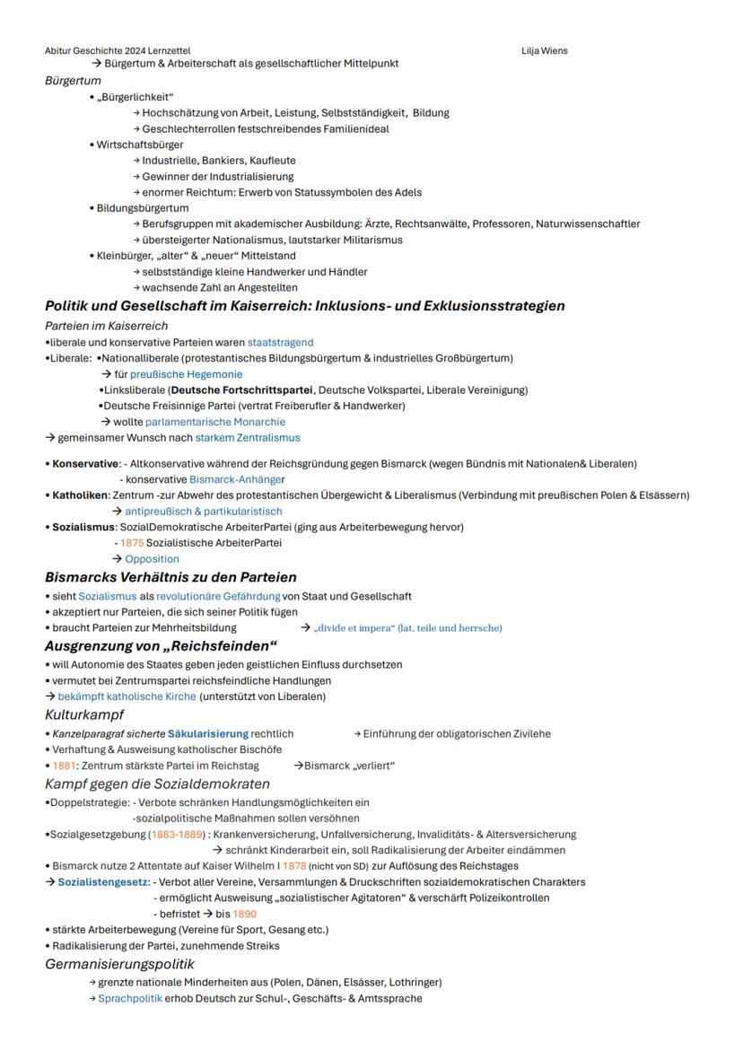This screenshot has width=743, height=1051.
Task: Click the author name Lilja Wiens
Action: [544, 51]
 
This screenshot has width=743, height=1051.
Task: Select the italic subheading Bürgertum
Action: [73, 81]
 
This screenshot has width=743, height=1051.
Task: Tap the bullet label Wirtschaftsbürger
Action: [140, 145]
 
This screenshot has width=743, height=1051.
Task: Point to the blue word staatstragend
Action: [280, 343]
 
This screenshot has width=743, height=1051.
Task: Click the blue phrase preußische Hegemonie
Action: [186, 374]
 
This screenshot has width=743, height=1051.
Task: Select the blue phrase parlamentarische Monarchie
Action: [215, 422]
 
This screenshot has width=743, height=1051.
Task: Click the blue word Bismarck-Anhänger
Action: [237, 479]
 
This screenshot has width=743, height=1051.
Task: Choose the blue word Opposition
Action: [152, 559]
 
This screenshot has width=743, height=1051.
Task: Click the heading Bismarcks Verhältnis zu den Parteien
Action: [170, 577]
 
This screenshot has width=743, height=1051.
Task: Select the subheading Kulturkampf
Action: [84, 715]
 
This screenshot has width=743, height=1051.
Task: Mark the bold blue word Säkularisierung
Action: [207, 734]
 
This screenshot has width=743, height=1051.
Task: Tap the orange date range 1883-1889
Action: [178, 835]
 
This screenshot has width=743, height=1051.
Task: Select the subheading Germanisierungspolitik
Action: [119, 965]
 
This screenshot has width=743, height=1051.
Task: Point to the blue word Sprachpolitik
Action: [130, 999]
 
